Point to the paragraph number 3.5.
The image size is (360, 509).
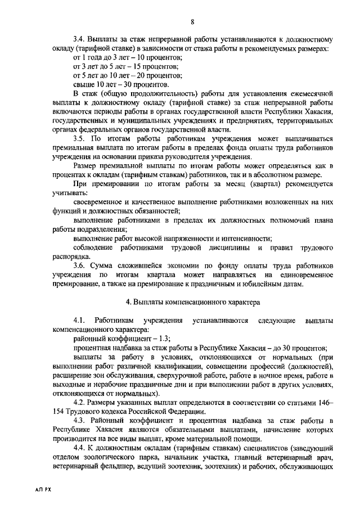79,138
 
